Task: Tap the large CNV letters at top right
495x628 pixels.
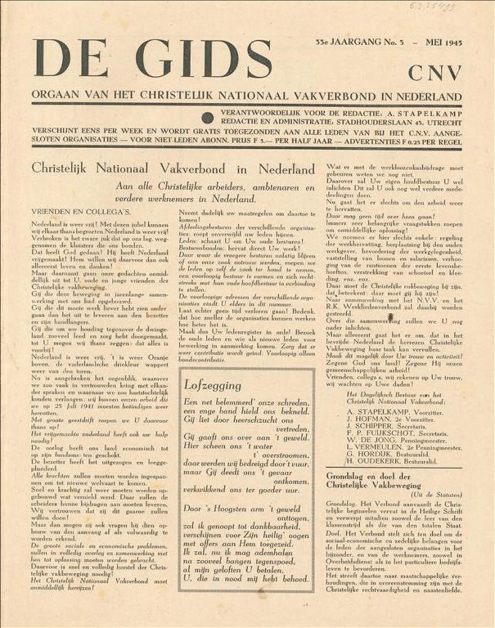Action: click(x=435, y=73)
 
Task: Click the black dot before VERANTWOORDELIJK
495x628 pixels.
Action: click(x=207, y=117)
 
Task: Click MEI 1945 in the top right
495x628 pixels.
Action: click(x=443, y=43)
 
